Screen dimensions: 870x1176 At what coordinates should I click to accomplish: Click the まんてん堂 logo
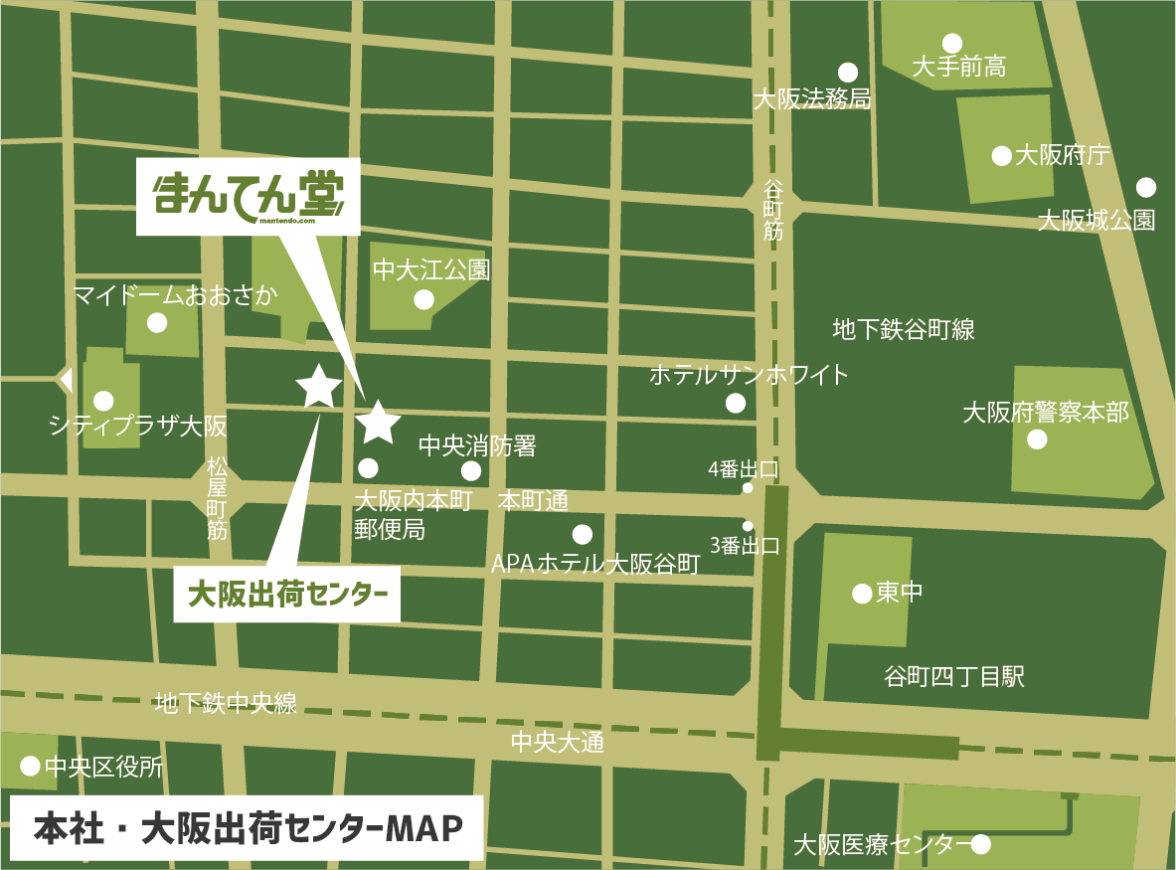[x=248, y=197]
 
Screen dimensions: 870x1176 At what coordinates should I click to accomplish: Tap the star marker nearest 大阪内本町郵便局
[x=378, y=423]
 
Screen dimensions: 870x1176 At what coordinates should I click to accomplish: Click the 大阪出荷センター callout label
[x=286, y=595]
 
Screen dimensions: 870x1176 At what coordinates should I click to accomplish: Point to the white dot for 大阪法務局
[x=848, y=72]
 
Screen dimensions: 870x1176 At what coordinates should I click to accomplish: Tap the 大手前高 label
[x=958, y=68]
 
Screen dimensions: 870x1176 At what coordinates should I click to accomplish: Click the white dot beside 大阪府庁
[x=1001, y=156]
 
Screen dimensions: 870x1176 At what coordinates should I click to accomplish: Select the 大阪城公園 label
[x=1095, y=220]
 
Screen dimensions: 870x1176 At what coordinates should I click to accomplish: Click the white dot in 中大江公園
[x=424, y=299]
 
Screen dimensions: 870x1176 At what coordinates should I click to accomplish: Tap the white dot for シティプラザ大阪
[x=103, y=401]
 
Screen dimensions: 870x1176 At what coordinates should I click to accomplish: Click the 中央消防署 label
[x=477, y=446]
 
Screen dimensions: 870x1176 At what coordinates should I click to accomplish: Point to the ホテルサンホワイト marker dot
[x=736, y=403]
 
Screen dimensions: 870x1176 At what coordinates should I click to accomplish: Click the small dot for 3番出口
[x=748, y=526]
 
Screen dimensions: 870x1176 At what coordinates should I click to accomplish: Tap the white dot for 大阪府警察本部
[x=1038, y=438]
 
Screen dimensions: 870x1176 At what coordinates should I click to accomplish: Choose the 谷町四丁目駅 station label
[x=953, y=678]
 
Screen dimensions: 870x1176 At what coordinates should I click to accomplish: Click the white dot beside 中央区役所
[x=30, y=766]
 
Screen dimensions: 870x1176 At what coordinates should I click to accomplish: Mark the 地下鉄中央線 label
[x=226, y=704]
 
